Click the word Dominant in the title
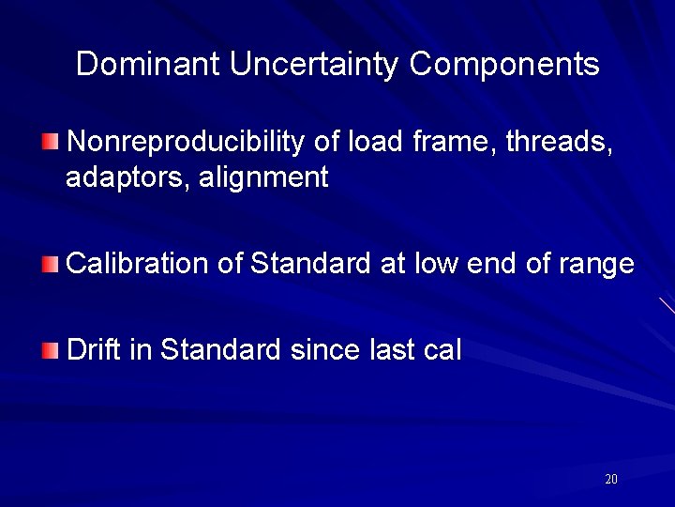pos(148,64)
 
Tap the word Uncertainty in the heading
pos(314,64)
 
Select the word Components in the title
pos(504,64)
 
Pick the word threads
pos(560,142)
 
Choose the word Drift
pos(94,350)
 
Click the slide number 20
pos(611,480)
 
